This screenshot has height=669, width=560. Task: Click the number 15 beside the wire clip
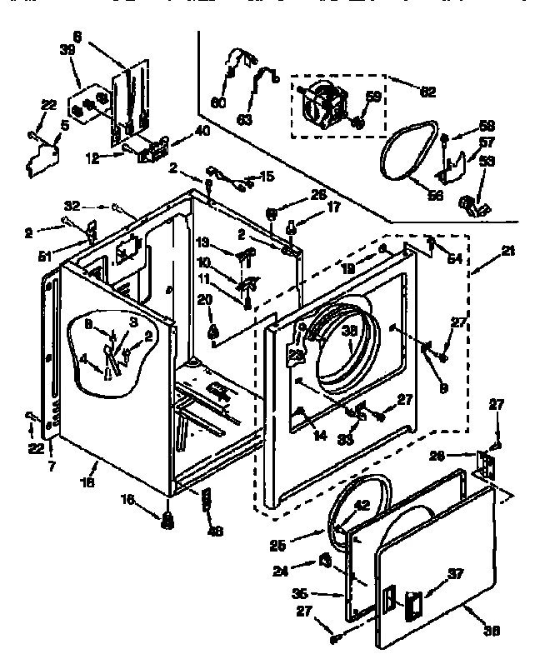(x=267, y=176)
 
